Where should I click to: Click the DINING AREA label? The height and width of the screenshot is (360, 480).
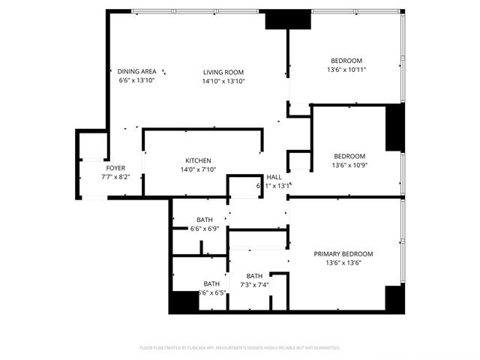pyautogui.click(x=136, y=71)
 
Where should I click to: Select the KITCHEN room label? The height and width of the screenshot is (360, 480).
pyautogui.click(x=198, y=160)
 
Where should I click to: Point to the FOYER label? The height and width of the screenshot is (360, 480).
pyautogui.click(x=115, y=168)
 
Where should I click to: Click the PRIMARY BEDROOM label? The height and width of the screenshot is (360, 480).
pyautogui.click(x=343, y=254)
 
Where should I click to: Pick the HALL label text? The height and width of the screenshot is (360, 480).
pyautogui.click(x=274, y=177)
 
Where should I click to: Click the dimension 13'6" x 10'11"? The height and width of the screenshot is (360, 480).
pyautogui.click(x=346, y=70)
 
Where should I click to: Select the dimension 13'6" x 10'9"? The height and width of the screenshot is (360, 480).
pyautogui.click(x=349, y=165)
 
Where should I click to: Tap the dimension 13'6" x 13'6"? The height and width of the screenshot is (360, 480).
pyautogui.click(x=343, y=263)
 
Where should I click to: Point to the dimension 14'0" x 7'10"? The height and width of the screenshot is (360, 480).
pyautogui.click(x=198, y=169)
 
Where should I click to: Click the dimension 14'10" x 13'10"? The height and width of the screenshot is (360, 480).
pyautogui.click(x=223, y=81)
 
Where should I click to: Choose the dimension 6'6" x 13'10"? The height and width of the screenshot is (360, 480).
pyautogui.click(x=136, y=80)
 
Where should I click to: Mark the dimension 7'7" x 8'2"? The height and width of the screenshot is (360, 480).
pyautogui.click(x=115, y=177)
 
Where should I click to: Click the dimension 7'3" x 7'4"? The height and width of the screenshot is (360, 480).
pyautogui.click(x=254, y=285)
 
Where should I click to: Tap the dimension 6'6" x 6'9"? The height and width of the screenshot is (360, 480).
pyautogui.click(x=205, y=228)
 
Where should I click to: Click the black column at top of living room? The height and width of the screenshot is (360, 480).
pyautogui.click(x=288, y=19)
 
